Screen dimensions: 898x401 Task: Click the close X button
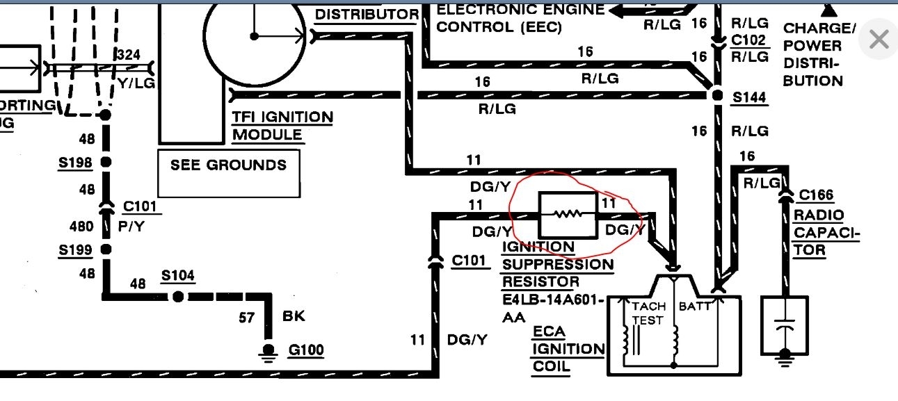tap(879, 40)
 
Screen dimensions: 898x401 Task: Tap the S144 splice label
tap(749, 98)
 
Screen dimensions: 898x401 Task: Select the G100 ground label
tap(306, 350)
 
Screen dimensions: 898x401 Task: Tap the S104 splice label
tap(178, 276)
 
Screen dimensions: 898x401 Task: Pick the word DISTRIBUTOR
tap(367, 14)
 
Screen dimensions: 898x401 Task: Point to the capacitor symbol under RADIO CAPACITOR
tap(785, 327)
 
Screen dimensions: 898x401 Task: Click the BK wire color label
tap(295, 317)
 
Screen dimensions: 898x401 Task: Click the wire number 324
tap(129, 55)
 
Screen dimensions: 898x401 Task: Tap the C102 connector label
tap(749, 40)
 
